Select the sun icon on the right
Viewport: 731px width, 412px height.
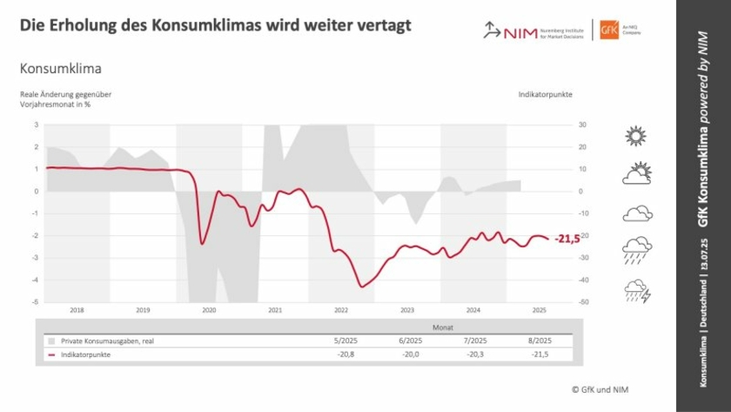pos(637,136)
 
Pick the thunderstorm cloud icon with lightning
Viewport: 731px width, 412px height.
pos(637,290)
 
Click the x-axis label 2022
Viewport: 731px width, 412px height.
pos(340,310)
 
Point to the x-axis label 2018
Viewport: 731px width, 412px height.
pos(77,310)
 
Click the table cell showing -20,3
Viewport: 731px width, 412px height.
pos(477,355)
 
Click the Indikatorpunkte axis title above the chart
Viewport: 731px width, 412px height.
pos(545,93)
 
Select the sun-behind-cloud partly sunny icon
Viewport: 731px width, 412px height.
pos(637,174)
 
